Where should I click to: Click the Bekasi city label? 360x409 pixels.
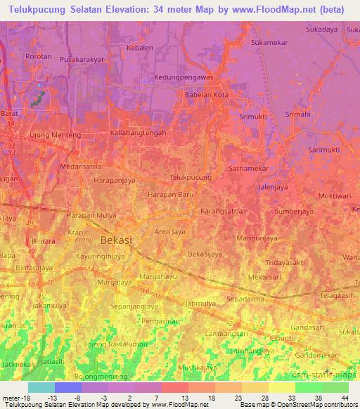pyautogui.click(x=116, y=240)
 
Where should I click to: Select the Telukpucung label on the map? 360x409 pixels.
pyautogui.click(x=191, y=178)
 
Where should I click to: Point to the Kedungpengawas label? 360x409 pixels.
pyautogui.click(x=185, y=77)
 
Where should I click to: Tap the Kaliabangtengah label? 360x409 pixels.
pyautogui.click(x=138, y=132)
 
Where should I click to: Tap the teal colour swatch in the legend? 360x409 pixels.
pyautogui.click(x=41, y=387)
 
